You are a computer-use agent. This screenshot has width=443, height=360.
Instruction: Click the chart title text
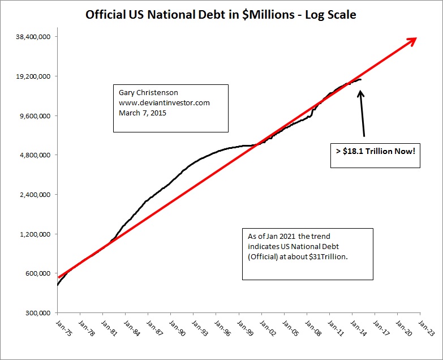click(221, 15)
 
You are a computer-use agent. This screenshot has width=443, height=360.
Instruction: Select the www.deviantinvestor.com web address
click(164, 103)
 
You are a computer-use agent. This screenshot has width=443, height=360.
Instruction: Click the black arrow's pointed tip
click(360, 91)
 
